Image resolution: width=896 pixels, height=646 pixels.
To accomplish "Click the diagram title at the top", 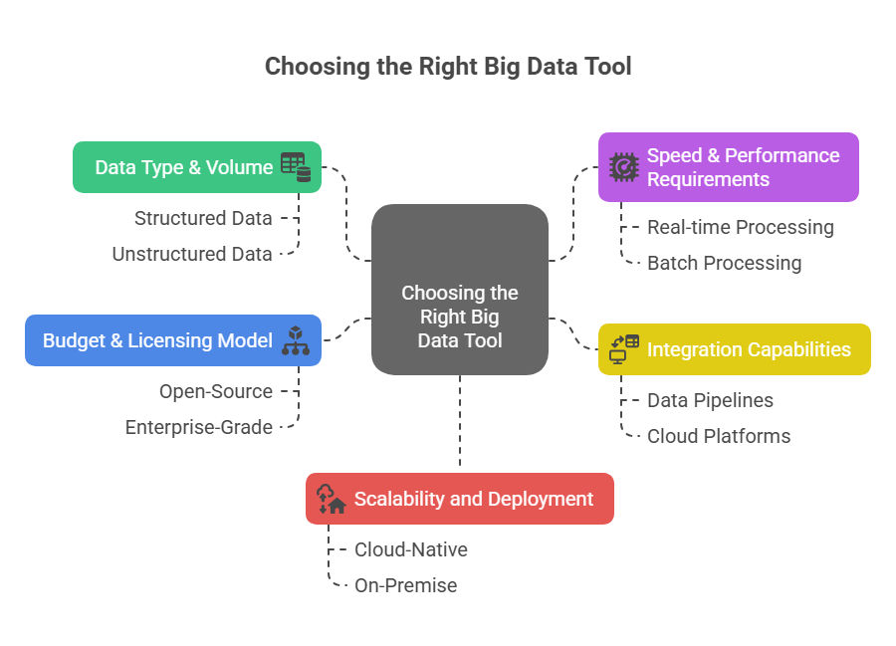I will coord(448,67).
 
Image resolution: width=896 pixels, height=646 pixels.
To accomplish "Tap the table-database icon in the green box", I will coord(296,167).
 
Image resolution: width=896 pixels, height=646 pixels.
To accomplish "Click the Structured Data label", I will coord(203,218).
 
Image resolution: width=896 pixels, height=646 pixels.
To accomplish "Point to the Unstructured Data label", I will coord(192,254).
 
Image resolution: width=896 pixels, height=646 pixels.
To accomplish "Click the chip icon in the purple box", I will coord(623,167).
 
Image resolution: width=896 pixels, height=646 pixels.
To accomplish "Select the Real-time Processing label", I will coord(740,227).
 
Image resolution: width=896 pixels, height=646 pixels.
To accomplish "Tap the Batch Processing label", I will coord(724,263).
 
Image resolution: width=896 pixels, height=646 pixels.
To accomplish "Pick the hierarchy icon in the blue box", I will coord(296,340).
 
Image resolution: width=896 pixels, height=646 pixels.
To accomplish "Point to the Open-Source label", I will coord(216,391).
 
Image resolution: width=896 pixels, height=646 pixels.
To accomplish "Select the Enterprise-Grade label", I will coord(199,427).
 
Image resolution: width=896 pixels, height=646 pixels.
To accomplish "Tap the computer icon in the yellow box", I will coord(623,349).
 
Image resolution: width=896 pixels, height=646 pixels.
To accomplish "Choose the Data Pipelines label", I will coord(710,400).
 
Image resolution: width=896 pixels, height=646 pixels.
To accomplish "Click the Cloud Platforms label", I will coord(719,436).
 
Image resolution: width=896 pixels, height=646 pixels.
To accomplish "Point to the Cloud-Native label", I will coord(410,549).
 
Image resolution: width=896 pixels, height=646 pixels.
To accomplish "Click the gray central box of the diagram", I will coord(459,290).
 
